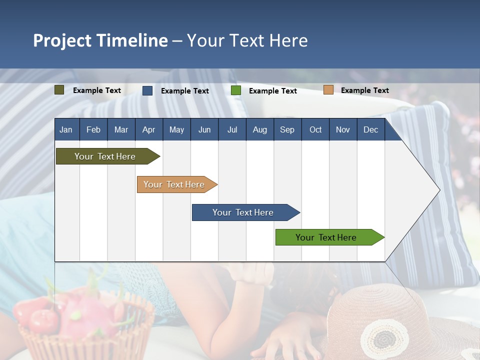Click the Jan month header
66,129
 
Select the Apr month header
148,129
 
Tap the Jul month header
232,129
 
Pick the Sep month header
287,129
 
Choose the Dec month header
370,129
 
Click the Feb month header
93,129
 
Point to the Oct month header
315,129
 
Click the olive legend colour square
59,90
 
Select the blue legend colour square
147,90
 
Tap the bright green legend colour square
236,90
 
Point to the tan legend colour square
328,90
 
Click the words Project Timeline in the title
100,40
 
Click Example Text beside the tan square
364,90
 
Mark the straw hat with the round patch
395,325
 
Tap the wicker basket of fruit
85,325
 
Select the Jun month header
204,129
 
